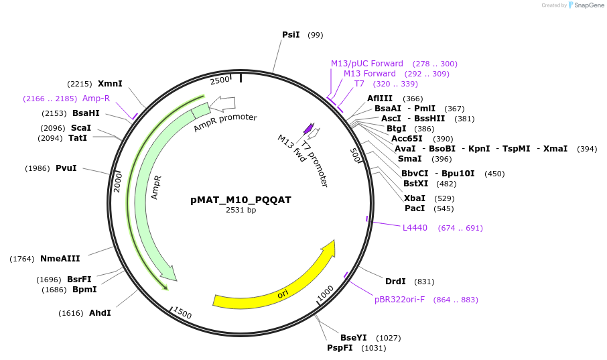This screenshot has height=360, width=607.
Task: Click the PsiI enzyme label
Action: click(291, 35)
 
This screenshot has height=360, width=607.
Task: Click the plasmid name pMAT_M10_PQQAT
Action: click(241, 200)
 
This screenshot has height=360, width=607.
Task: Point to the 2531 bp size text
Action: click(241, 210)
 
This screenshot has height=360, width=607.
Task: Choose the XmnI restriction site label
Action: click(110, 84)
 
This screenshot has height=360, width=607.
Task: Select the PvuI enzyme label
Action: click(66, 168)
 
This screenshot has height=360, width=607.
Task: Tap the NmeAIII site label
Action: click(60, 259)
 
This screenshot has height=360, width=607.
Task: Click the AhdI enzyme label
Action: click(99, 313)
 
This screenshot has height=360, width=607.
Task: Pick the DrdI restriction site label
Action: click(395, 282)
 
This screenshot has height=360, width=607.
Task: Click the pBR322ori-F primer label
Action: click(399, 300)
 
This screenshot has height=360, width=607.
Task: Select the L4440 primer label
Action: click(415, 228)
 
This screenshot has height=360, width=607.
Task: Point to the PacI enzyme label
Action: click(415, 208)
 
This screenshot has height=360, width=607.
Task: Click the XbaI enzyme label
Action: click(415, 198)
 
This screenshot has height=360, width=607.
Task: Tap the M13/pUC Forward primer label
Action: click(366, 64)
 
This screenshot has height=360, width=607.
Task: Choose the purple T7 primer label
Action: click(359, 84)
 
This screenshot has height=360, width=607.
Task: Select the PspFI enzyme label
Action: click(340, 348)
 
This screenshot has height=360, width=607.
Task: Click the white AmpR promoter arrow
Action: click(222, 104)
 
